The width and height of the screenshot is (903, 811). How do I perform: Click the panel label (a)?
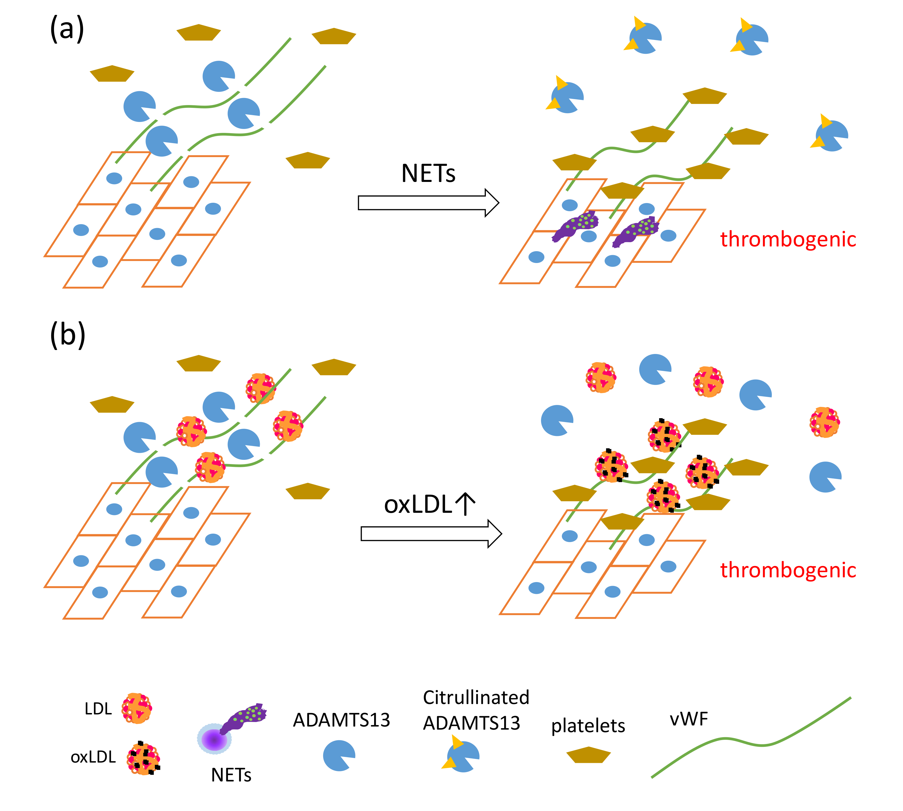click(67, 29)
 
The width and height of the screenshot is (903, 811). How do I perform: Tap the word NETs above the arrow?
click(428, 174)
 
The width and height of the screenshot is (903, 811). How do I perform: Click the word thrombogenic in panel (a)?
click(788, 239)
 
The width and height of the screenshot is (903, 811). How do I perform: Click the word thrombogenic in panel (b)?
click(788, 570)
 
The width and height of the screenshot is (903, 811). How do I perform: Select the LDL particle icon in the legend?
click(137, 708)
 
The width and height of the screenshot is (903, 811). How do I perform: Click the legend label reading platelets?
click(588, 725)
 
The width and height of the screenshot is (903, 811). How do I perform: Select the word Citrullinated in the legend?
click(476, 697)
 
